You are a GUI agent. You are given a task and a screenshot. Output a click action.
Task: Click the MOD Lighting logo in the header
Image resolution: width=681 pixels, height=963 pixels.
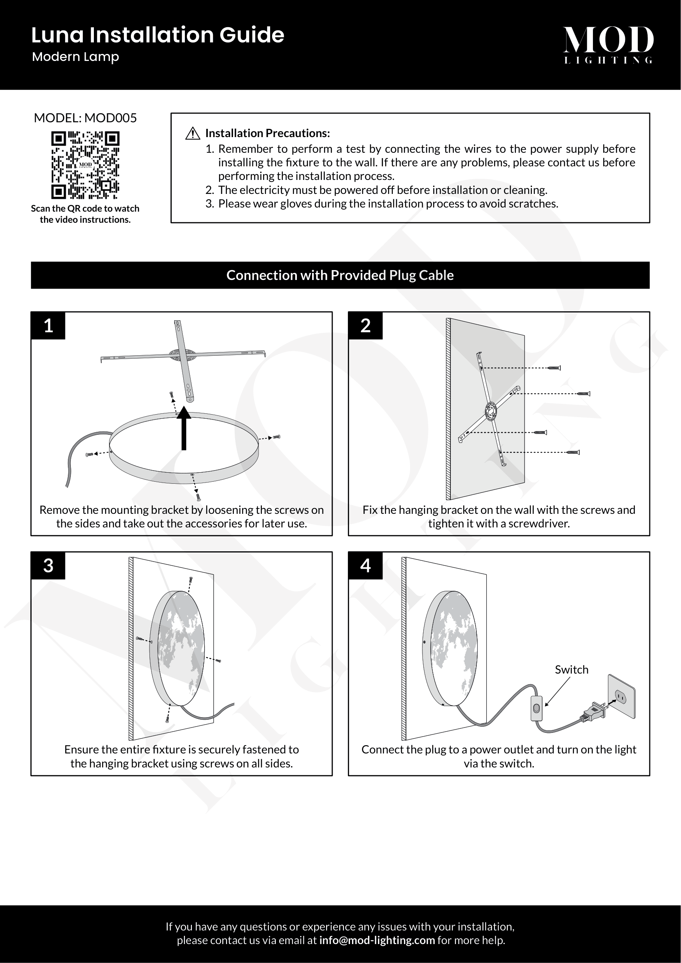tap(608, 44)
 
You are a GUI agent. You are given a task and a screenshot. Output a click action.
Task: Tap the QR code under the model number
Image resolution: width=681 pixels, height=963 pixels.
tap(85, 165)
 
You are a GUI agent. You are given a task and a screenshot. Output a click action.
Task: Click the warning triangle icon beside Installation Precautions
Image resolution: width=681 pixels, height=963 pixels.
tap(192, 133)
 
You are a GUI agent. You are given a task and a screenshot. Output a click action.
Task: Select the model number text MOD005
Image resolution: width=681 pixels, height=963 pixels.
tap(110, 118)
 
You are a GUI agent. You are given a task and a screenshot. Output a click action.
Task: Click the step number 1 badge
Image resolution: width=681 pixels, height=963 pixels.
tap(48, 326)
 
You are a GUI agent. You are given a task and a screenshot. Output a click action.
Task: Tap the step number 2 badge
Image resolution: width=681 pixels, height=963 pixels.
tap(365, 326)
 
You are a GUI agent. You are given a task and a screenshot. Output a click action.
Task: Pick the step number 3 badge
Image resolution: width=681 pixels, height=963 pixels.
tap(48, 565)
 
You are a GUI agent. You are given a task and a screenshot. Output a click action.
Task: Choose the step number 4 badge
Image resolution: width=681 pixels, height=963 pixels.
tap(365, 565)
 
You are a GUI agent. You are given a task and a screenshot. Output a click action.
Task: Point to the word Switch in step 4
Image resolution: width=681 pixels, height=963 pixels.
tap(571, 669)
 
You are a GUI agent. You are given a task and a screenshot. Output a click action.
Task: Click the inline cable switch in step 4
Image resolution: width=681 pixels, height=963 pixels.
tap(536, 709)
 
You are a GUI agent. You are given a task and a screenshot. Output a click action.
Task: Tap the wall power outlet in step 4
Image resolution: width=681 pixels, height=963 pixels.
tap(621, 696)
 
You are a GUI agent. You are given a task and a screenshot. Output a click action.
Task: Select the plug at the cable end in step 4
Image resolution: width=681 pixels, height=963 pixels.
tap(593, 711)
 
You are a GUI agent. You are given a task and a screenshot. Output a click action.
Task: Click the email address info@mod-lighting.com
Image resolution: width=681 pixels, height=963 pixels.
tap(377, 940)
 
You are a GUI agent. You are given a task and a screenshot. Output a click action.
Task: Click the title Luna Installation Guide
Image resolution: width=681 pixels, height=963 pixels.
tap(158, 35)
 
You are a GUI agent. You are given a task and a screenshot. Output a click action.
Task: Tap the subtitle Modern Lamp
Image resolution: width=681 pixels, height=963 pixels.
tap(75, 57)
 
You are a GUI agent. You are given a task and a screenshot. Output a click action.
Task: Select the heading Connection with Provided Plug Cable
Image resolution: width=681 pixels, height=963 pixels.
tap(340, 275)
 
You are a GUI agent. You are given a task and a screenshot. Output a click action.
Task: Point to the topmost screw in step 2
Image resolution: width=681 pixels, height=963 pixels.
tap(554, 368)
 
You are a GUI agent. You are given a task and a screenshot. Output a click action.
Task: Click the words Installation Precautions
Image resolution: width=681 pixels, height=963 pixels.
tap(268, 133)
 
